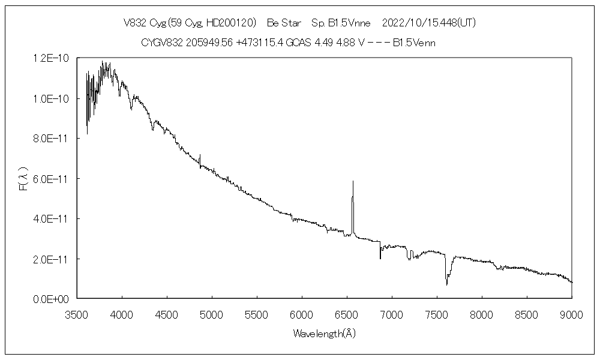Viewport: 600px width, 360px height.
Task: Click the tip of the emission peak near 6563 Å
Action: (x=353, y=181)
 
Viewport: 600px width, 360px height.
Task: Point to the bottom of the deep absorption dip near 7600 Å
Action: (x=446, y=284)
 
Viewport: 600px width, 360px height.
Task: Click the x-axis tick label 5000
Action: (x=212, y=313)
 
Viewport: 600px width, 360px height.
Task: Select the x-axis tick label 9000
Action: (x=572, y=313)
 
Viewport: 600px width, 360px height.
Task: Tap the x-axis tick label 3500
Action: (x=77, y=313)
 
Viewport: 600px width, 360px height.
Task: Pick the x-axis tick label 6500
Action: (x=347, y=313)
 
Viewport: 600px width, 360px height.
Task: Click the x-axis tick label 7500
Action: (x=437, y=313)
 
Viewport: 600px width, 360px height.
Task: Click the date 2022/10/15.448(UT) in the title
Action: (x=429, y=23)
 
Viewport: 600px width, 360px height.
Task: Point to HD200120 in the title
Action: (x=231, y=23)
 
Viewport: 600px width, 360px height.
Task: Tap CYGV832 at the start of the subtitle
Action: (x=160, y=43)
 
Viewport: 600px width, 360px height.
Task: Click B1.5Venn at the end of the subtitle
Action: (x=414, y=43)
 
